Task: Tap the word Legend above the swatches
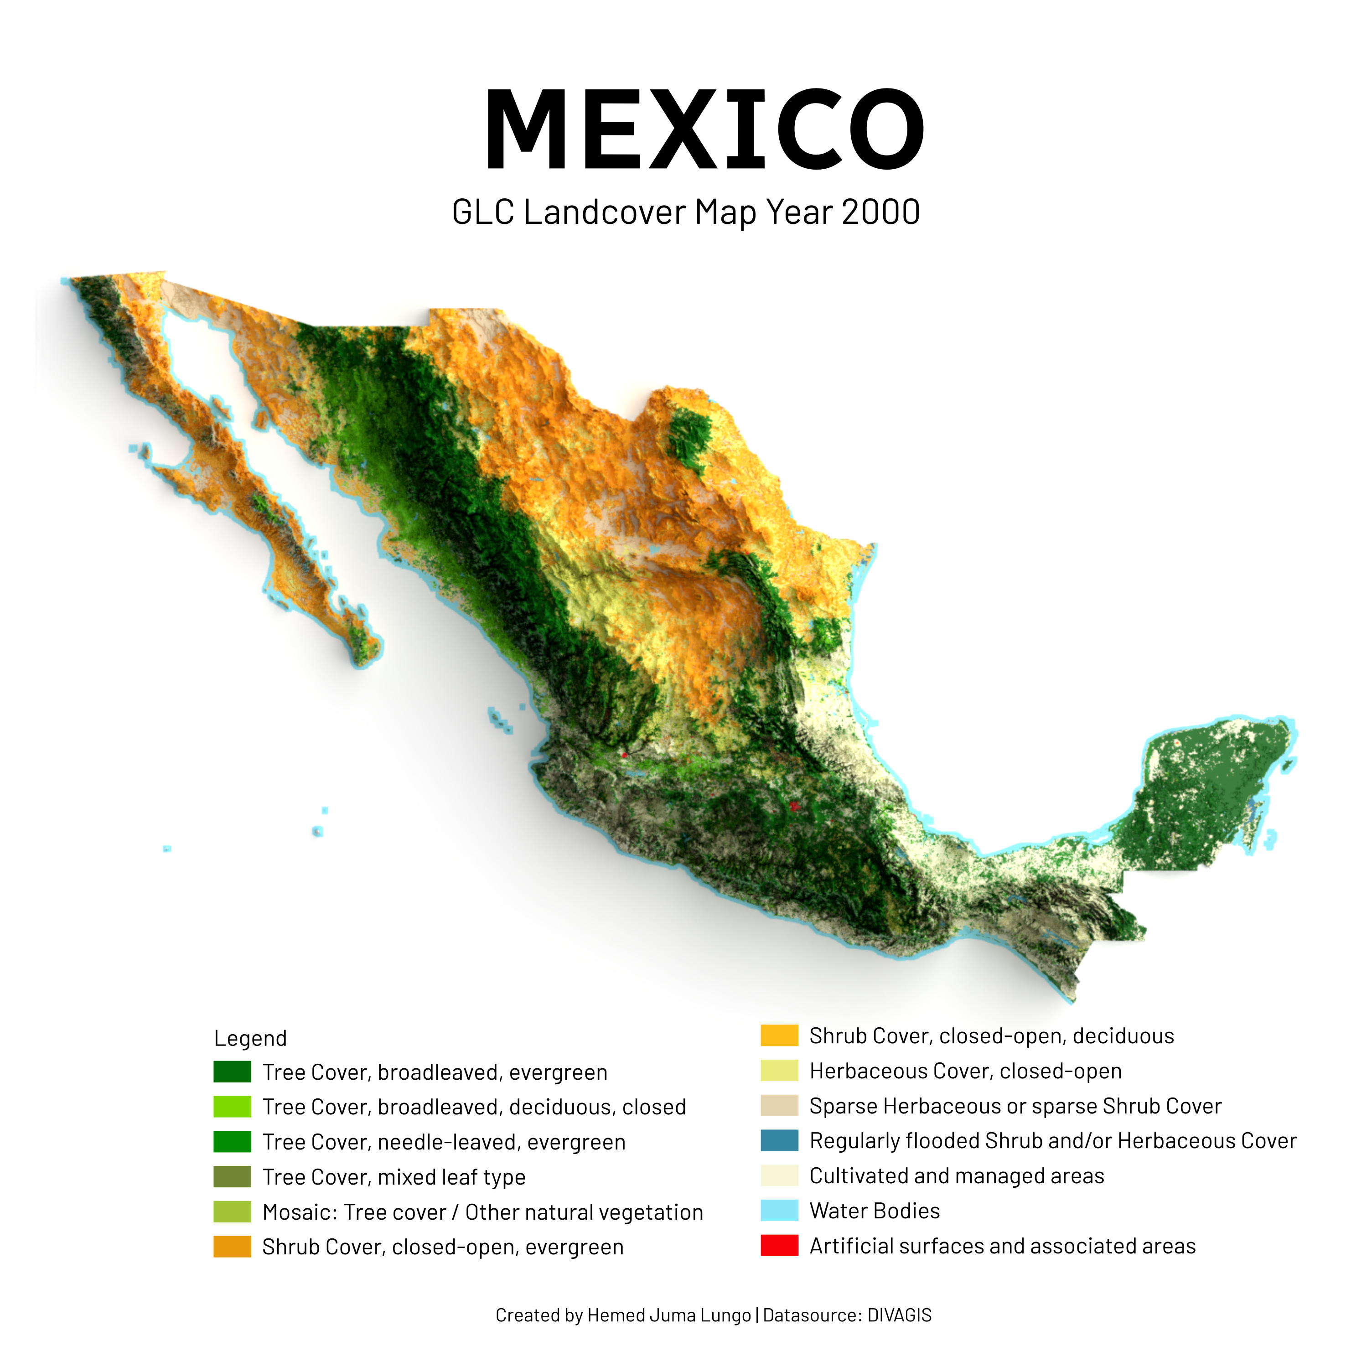[x=250, y=1038]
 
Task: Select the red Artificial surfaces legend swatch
[x=779, y=1246]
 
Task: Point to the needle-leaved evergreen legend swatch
[x=232, y=1142]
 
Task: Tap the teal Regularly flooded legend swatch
[x=779, y=1140]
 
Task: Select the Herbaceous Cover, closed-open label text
[x=965, y=1071]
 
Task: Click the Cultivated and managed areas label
[x=957, y=1176]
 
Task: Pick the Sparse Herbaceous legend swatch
[x=779, y=1106]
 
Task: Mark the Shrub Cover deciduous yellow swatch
[x=779, y=1036]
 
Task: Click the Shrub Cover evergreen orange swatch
[x=232, y=1247]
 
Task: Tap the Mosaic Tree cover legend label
[x=482, y=1212]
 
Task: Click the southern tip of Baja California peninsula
[x=363, y=663]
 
